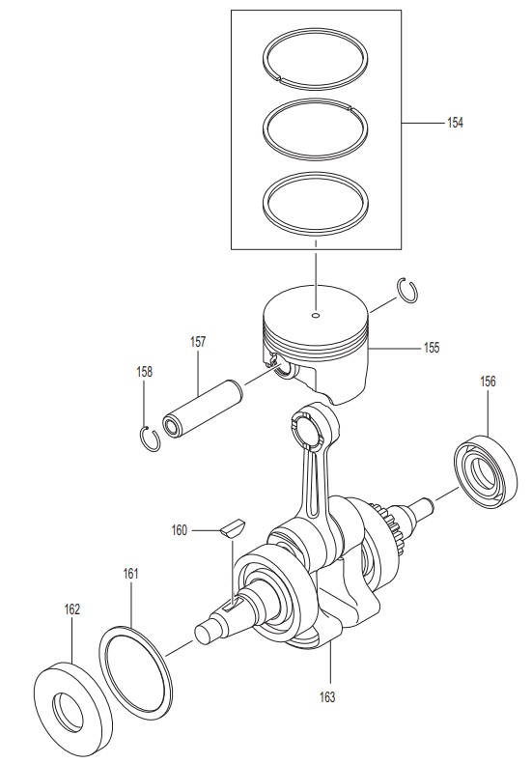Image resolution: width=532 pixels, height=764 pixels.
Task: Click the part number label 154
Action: tap(455, 123)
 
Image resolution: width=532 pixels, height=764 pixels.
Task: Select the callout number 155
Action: tap(432, 348)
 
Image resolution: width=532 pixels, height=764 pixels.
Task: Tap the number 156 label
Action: tap(488, 382)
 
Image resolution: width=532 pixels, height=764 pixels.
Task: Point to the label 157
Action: tap(198, 342)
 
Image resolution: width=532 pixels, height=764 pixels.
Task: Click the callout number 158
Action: tap(144, 372)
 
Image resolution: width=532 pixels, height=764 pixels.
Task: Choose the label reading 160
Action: tap(180, 530)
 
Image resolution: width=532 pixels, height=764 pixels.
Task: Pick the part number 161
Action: tap(130, 574)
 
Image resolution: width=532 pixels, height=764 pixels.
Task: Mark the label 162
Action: tap(71, 609)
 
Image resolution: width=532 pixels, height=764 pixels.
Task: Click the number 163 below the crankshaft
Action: tap(327, 697)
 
